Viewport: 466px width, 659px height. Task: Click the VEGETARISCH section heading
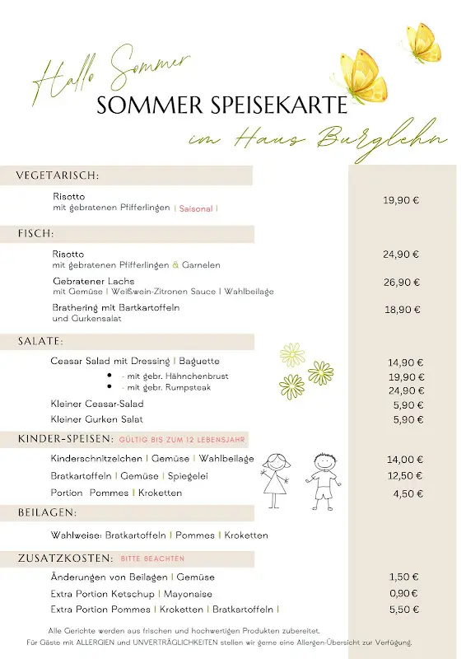pos(58,175)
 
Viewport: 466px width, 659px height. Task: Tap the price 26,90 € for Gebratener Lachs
pos(401,283)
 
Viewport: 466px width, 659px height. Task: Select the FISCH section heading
pos(35,234)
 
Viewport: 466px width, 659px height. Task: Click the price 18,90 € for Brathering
pos(402,310)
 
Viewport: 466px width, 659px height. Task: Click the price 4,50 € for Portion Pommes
pos(408,493)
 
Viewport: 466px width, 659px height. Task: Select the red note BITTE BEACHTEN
pos(152,559)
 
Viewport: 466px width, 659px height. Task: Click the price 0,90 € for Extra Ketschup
pos(403,593)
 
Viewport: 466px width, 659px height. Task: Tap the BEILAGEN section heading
pos(48,512)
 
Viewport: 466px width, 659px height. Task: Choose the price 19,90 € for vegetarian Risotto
pos(401,200)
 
